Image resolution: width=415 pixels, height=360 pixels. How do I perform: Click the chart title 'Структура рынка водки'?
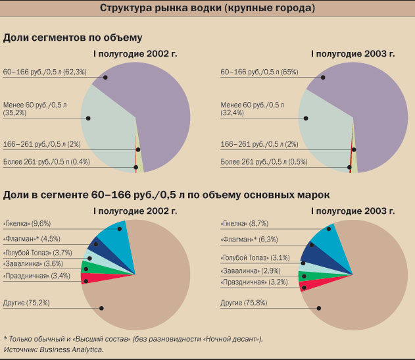click(x=207, y=9)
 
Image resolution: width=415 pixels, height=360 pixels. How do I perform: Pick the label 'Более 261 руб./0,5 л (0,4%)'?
click(x=46, y=161)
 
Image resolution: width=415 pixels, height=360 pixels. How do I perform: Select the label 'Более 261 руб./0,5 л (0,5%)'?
click(x=264, y=161)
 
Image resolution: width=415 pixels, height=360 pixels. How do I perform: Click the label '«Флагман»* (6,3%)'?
click(x=251, y=240)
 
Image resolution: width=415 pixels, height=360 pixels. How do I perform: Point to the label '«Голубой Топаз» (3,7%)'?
click(x=37, y=253)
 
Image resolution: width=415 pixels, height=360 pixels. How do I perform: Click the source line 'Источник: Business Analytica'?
click(x=53, y=349)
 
